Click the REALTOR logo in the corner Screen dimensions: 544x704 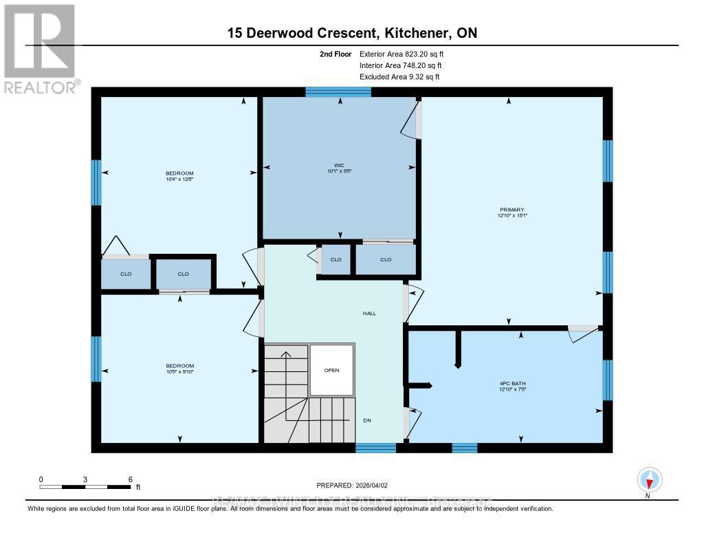pyautogui.click(x=40, y=48)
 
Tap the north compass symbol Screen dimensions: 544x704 pyautogui.click(x=649, y=479)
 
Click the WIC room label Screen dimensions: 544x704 pyautogui.click(x=339, y=165)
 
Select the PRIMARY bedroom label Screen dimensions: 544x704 pyautogui.click(x=512, y=210)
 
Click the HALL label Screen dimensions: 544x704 pyautogui.click(x=370, y=314)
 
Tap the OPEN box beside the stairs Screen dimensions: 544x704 pyautogui.click(x=332, y=370)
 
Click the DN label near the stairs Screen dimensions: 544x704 pyautogui.click(x=367, y=421)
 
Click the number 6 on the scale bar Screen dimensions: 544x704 pyautogui.click(x=130, y=479)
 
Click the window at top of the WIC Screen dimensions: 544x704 pyautogui.click(x=338, y=92)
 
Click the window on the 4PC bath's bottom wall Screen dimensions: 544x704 pyautogui.click(x=464, y=448)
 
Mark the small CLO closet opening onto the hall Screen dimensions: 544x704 pyautogui.click(x=336, y=260)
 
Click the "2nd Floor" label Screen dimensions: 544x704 pyautogui.click(x=335, y=54)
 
